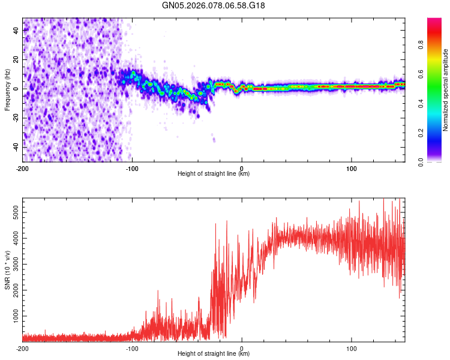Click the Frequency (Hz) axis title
[7, 90]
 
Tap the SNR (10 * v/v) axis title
[7, 269]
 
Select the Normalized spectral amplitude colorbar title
[445, 90]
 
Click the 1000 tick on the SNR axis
[12, 316]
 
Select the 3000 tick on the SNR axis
[12, 264]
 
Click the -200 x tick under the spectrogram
[23, 168]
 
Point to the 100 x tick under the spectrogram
[351, 168]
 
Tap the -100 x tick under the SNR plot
[132, 348]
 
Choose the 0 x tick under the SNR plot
[242, 348]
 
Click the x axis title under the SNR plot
[214, 354]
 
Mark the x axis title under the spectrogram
[214, 174]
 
